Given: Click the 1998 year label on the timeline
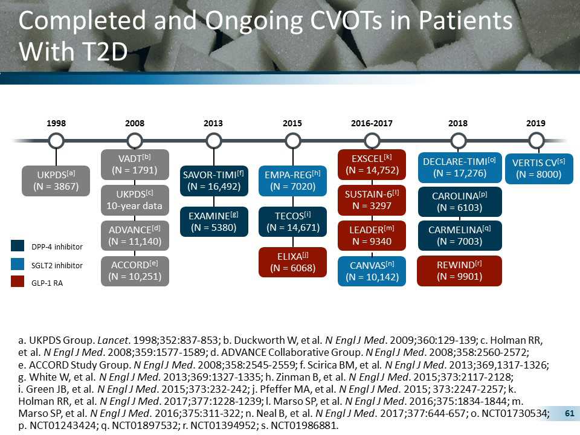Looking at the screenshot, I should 56,123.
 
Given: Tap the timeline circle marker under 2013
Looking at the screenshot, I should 213,141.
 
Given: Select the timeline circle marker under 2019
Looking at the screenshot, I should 536,141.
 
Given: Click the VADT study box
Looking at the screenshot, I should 135,164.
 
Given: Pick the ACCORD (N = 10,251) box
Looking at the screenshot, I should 135,271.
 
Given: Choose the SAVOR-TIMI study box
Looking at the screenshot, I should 214,180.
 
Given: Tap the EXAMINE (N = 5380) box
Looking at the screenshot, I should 214,221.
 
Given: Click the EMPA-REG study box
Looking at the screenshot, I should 292,180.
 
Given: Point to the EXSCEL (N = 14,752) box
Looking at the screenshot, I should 372,164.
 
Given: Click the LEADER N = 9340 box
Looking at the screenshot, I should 372,235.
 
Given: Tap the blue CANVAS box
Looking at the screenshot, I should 372,271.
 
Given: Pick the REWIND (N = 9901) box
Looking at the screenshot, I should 460,271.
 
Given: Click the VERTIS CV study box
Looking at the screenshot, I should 537,168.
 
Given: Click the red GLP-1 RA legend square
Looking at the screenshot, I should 18,283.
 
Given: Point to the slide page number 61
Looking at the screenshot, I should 568,413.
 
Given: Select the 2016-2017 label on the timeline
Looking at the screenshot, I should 372,123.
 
